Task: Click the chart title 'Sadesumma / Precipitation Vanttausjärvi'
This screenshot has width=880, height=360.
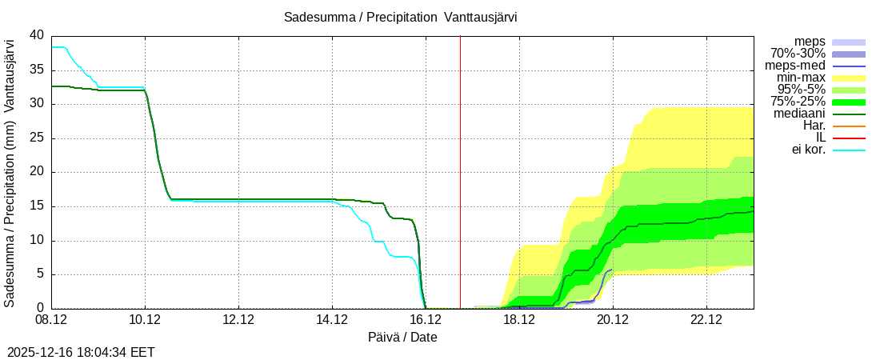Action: (x=400, y=18)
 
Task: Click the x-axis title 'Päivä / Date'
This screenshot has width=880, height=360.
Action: (x=402, y=338)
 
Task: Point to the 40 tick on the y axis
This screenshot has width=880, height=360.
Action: (x=37, y=35)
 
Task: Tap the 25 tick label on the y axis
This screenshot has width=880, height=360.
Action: (x=37, y=138)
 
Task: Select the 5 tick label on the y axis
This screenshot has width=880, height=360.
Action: (x=40, y=274)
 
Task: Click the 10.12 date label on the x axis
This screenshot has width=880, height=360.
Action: (x=145, y=320)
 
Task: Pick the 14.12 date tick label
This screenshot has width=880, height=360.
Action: (x=332, y=320)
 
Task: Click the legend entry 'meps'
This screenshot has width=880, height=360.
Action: (x=810, y=42)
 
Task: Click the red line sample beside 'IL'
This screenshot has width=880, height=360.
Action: (x=849, y=138)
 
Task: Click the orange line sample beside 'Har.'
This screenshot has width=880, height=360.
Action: (x=849, y=126)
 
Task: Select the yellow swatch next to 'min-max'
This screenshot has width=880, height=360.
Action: (x=849, y=78)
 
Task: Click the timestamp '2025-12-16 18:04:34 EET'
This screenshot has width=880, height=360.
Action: (x=81, y=352)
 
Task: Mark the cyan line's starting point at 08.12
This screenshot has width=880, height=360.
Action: (x=52, y=47)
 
